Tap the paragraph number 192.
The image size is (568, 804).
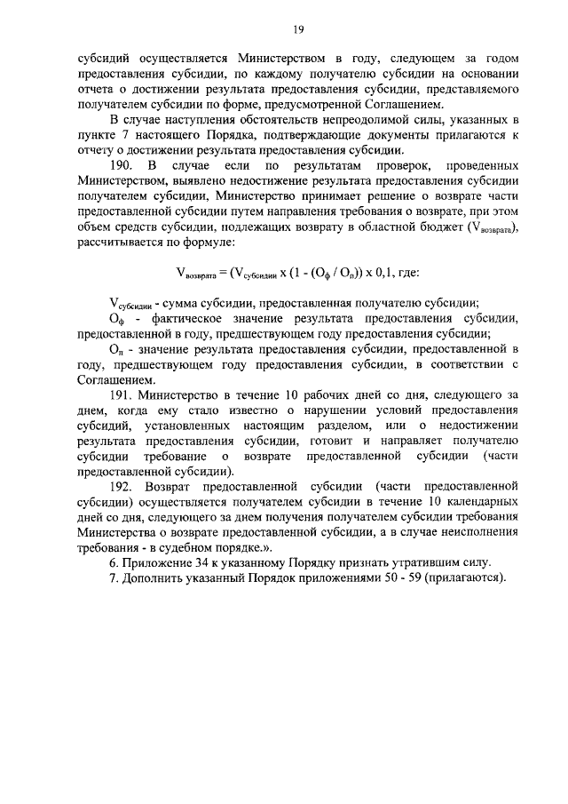point(124,487)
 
